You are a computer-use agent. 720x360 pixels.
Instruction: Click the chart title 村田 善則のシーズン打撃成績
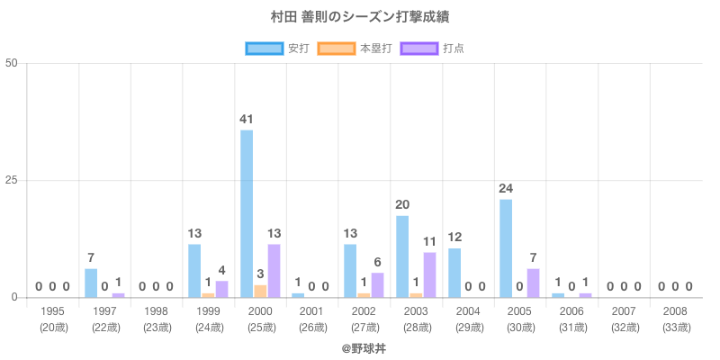click(x=360, y=17)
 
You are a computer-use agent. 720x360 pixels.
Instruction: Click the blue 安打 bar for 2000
click(x=247, y=213)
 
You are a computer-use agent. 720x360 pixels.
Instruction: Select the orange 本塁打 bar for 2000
click(x=260, y=291)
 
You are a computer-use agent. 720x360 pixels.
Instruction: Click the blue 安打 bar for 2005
click(x=506, y=247)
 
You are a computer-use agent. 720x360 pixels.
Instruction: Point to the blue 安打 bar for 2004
click(x=454, y=273)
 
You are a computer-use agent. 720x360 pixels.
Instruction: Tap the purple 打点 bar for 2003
click(x=429, y=274)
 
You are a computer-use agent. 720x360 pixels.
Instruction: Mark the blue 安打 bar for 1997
click(x=91, y=283)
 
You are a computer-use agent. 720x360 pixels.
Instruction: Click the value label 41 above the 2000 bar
click(x=247, y=119)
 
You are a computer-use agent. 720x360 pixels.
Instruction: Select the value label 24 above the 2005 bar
click(x=506, y=188)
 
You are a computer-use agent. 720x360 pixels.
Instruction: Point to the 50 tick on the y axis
click(x=12, y=63)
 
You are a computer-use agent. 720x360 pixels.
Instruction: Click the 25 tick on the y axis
click(x=12, y=180)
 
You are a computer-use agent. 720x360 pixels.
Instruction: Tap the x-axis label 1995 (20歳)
click(x=53, y=319)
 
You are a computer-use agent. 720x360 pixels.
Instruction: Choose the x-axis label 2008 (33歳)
click(x=675, y=319)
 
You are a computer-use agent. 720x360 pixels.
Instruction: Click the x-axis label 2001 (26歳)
click(x=312, y=319)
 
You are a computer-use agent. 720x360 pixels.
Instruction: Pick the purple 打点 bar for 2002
click(x=377, y=284)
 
